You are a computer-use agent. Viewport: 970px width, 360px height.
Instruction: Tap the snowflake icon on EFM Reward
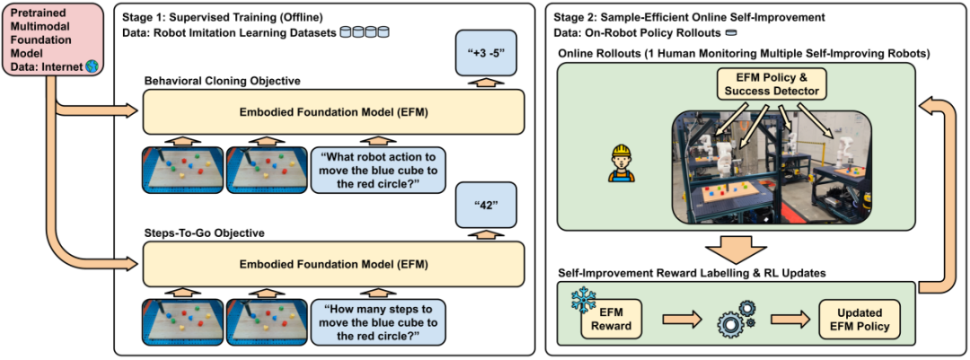pyautogui.click(x=578, y=296)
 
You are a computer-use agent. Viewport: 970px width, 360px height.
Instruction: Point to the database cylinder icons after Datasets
pyautogui.click(x=366, y=31)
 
